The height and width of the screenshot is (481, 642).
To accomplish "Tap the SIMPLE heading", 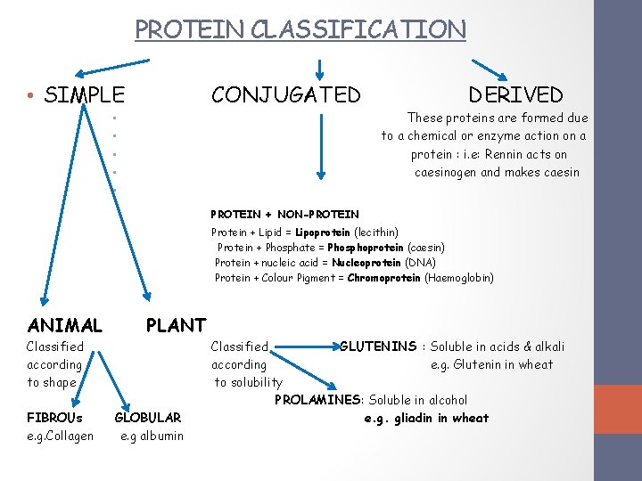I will click(x=84, y=94).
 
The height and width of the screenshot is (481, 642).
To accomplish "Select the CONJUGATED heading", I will click(x=286, y=94).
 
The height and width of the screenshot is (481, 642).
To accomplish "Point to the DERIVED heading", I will click(x=516, y=94).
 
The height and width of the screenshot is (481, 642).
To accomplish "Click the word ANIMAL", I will click(x=65, y=325).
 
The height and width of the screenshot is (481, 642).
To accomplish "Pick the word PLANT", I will click(x=176, y=325).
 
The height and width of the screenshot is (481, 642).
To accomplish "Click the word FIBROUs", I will click(x=54, y=417).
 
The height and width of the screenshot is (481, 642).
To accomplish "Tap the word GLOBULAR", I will click(x=148, y=417).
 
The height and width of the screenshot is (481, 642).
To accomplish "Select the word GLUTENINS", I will click(x=378, y=346).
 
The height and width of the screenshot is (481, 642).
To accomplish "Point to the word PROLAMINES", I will click(x=318, y=400).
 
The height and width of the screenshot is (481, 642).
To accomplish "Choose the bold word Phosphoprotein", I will click(x=366, y=247).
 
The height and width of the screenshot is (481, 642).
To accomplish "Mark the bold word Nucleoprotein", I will click(x=366, y=263).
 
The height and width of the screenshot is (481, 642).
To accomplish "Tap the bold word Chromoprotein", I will click(x=384, y=278).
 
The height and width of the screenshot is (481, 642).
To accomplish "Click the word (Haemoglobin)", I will click(x=459, y=278).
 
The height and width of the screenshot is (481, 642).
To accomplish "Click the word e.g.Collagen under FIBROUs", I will click(x=60, y=436).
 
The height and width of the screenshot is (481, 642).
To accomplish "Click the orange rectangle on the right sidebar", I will click(x=618, y=409).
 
